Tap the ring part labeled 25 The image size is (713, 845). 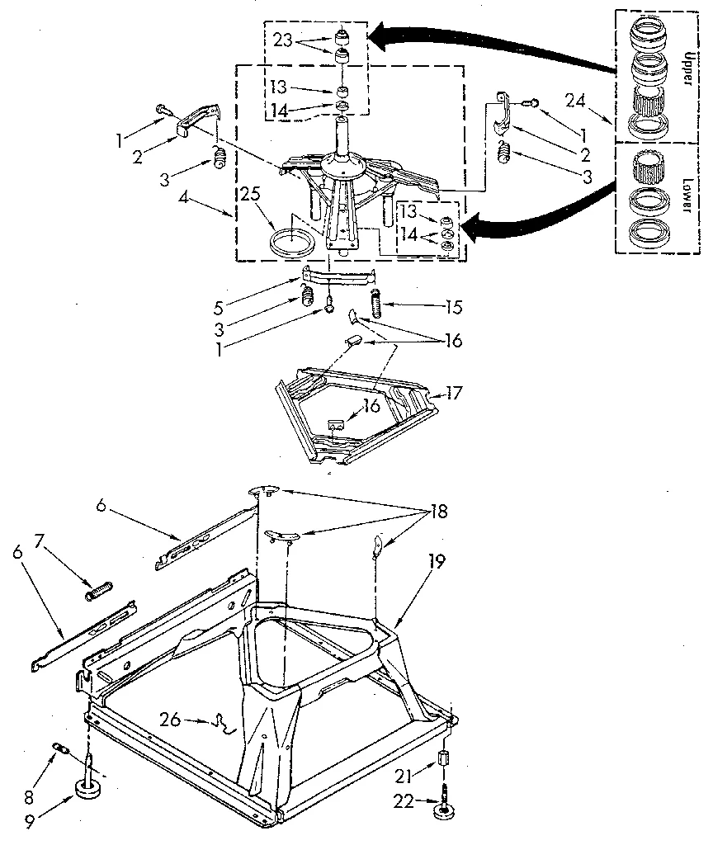coord(293,241)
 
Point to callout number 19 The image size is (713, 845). coord(437,563)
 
